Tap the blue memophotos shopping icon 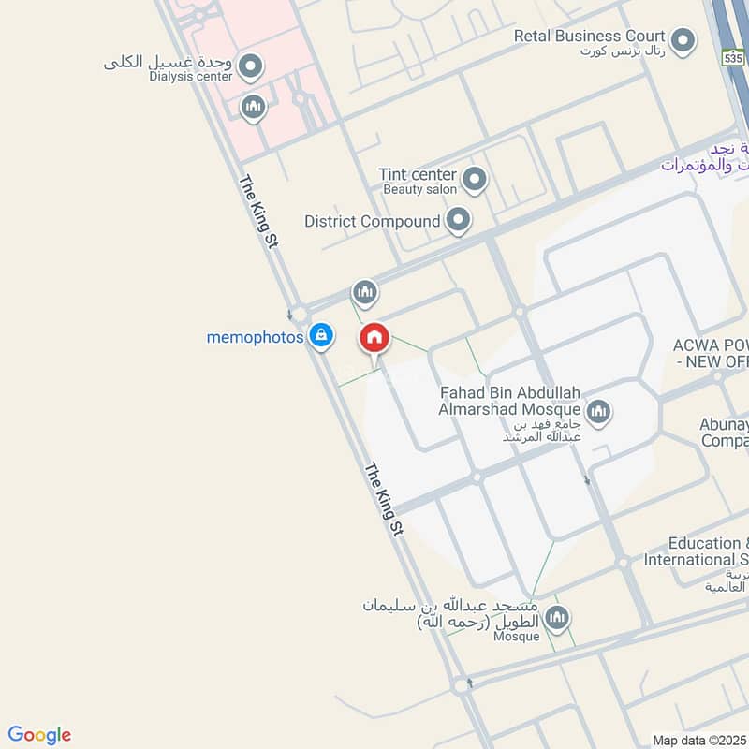tap(321, 334)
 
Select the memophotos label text tap(255, 337)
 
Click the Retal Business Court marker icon tap(684, 40)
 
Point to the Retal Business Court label tap(590, 37)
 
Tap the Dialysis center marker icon tap(250, 66)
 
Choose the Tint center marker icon tap(475, 178)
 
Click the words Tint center tap(417, 175)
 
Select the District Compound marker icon tap(458, 222)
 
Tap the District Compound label tap(372, 222)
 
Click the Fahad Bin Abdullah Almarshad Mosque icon tap(598, 410)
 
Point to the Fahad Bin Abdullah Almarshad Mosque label tap(510, 400)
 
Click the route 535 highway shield tap(733, 58)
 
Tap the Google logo tap(39, 735)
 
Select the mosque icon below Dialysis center tap(253, 108)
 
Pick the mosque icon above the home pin tap(364, 293)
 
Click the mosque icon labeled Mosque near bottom tap(557, 617)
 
